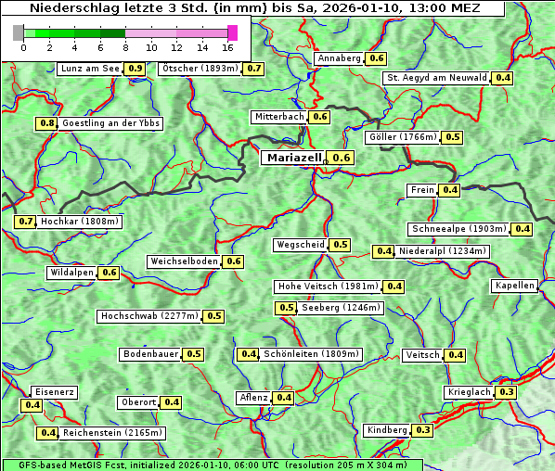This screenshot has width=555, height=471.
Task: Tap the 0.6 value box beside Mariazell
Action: pos(342,159)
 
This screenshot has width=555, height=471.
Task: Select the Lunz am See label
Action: pos(89,69)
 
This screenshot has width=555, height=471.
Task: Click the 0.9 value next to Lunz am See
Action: pos(136,69)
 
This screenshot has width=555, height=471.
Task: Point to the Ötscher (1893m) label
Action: pos(200,69)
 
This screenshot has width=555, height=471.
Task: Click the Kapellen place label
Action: pos(514,286)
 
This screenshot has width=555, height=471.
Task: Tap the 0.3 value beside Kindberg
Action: pos(423,430)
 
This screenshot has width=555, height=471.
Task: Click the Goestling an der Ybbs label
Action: pos(110,123)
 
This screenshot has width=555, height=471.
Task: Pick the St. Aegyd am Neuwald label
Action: pos(436,78)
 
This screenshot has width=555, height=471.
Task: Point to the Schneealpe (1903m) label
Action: pos(458,229)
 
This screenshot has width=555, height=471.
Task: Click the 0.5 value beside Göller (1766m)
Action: pos(452,137)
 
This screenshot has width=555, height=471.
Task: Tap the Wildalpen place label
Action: pos(72,273)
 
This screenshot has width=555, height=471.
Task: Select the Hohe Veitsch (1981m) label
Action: pos(328,286)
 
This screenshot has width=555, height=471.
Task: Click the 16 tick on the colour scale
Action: pos(227,47)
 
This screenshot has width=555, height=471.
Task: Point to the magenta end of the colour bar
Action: pos(232,32)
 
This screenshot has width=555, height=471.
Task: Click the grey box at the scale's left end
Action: pos(19,32)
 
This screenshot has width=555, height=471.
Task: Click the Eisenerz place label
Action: pos(53,392)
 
